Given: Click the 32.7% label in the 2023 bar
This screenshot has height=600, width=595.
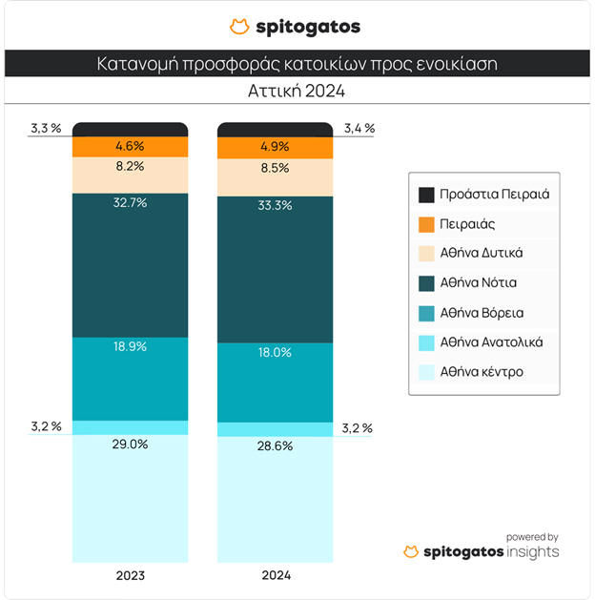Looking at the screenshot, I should click(130, 203).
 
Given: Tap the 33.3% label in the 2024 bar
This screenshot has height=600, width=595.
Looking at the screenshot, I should click(276, 204).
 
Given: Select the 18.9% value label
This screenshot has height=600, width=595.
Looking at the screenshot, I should click(130, 346).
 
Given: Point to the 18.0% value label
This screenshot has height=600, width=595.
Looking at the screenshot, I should click(276, 352).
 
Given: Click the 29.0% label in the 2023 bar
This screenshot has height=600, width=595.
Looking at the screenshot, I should click(130, 445).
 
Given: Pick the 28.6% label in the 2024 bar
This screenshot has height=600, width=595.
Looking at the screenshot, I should click(276, 446).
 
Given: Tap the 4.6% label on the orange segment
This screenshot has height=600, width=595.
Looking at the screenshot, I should click(130, 146).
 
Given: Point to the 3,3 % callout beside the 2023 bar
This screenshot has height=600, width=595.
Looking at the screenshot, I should click(46, 128).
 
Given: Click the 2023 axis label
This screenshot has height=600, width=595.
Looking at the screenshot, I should click(130, 576).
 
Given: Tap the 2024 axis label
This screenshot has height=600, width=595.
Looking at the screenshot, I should click(276, 576).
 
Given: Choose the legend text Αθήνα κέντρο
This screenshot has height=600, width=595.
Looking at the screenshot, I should click(482, 371).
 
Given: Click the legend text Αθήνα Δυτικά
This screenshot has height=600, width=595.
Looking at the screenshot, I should click(482, 253).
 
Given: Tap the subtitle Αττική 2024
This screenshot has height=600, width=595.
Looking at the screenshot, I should click(297, 93).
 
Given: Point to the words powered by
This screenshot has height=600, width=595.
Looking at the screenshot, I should click(532, 536).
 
